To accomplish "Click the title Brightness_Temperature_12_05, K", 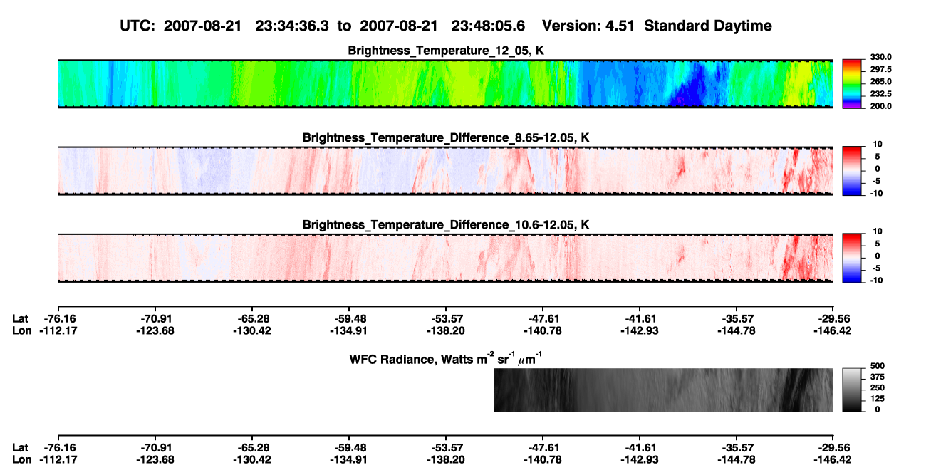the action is (446, 51).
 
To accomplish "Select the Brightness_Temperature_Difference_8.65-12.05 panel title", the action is (446, 137).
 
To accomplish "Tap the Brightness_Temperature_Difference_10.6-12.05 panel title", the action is (446, 225).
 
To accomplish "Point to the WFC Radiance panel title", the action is (446, 358).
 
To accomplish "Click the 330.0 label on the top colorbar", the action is (880, 57).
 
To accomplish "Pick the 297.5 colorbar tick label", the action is (880, 69).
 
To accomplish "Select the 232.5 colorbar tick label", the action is (880, 94).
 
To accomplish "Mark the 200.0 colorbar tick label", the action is (880, 106).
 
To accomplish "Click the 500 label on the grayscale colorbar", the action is (878, 366).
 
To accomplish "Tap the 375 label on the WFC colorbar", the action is (878, 377).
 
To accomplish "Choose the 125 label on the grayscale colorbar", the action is (878, 399).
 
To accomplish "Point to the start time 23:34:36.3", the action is (292, 26).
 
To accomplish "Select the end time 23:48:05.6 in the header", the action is (488, 26).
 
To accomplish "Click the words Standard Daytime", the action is (708, 26).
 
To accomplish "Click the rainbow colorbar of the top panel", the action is (852, 84).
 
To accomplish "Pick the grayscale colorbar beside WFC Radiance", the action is (852, 390).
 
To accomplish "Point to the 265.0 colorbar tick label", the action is (880, 81).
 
